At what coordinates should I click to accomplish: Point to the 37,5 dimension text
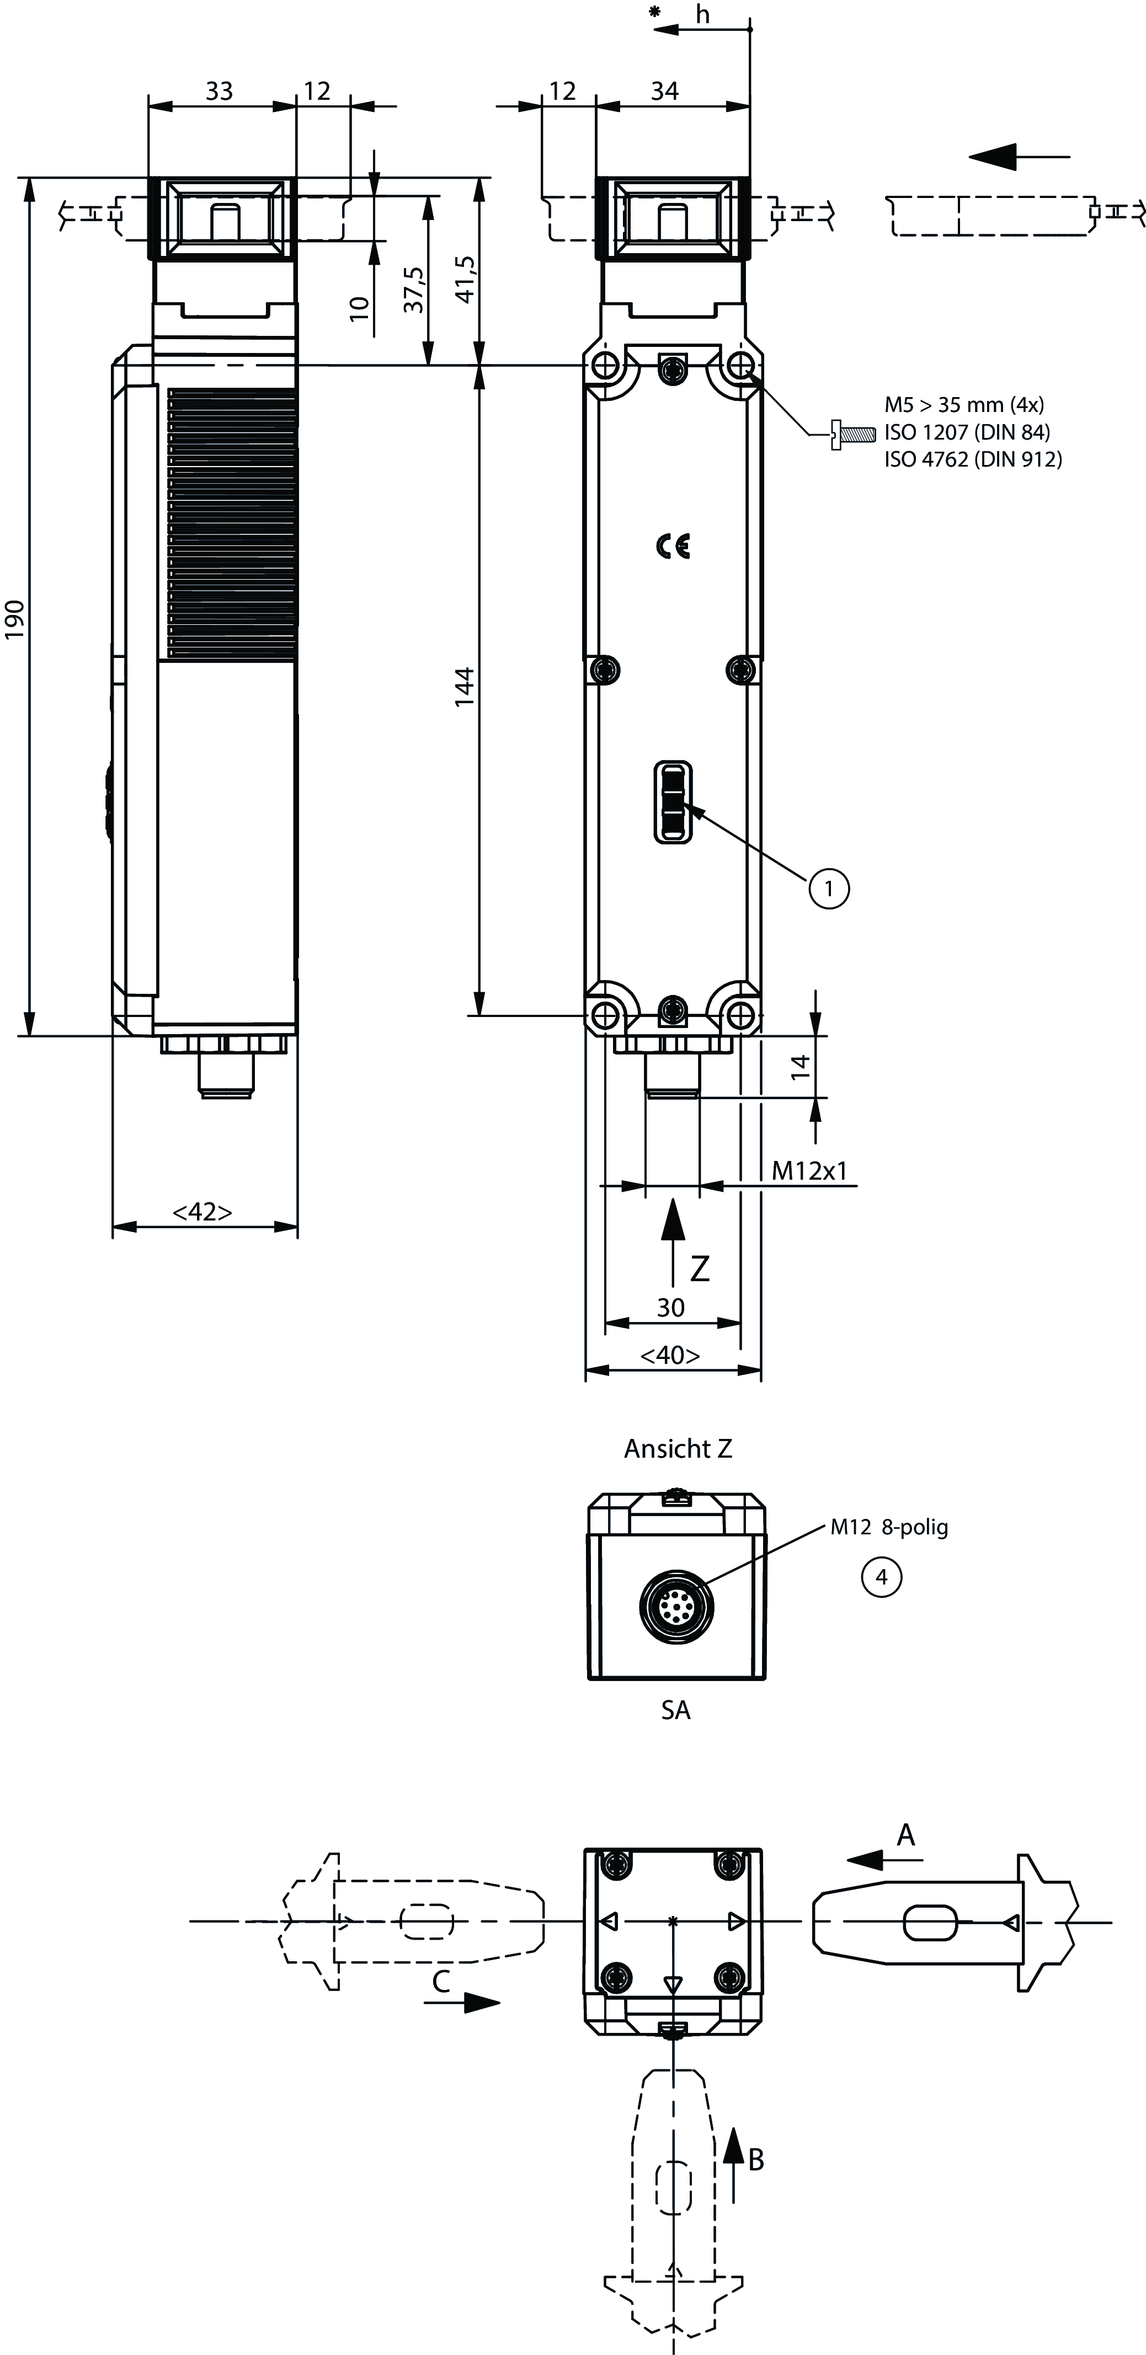coord(414,289)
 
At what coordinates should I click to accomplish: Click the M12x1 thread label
coord(809,1170)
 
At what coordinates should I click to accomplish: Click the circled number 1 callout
coord(829,888)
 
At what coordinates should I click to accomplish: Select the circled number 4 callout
coord(881,1577)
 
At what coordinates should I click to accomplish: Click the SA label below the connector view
coord(676,1710)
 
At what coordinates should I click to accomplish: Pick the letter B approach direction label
coord(755,2159)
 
